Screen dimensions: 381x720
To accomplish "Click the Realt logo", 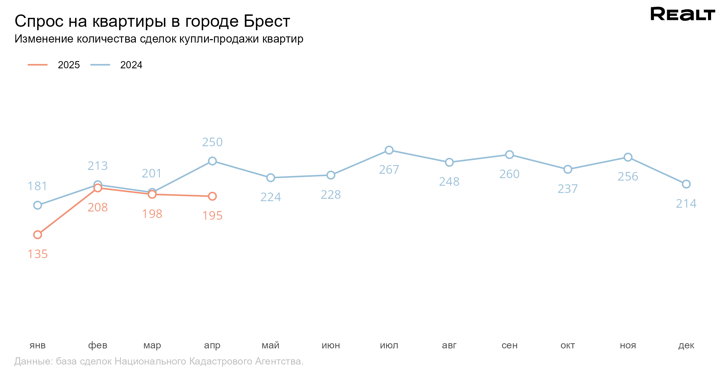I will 682,14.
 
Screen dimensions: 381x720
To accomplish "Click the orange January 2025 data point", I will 38,235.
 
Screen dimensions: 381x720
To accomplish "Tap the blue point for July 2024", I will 389,150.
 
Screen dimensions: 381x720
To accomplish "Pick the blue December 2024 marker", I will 686,184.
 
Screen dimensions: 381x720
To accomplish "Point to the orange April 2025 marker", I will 212,196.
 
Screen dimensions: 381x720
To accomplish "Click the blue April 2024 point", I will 212,161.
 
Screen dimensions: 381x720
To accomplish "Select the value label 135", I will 38,254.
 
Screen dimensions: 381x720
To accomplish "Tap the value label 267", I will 389,170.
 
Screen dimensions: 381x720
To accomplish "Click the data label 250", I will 212,142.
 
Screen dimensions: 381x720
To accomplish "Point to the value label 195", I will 212,216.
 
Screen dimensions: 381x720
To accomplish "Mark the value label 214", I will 686,204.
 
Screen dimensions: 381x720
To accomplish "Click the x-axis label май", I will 271,345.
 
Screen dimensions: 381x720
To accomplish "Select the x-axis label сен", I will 509,345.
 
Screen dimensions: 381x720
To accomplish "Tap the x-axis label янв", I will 38,345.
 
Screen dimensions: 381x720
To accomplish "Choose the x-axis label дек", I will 686,345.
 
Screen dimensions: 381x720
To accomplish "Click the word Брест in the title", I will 267,21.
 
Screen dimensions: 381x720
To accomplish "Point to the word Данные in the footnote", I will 33,361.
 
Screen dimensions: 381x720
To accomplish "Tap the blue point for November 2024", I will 628,157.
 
